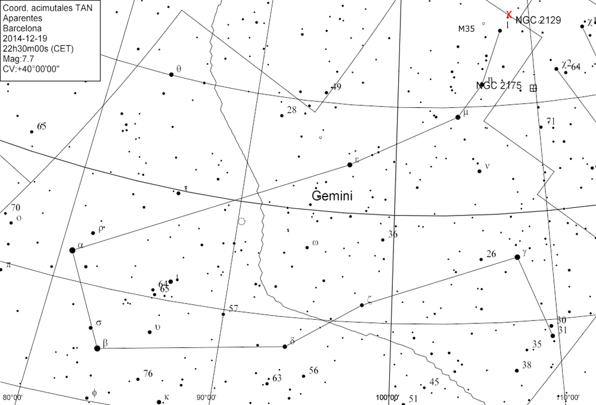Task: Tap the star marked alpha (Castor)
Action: tap(73, 250)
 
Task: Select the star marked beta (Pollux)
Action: tap(97, 348)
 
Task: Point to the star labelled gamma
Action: tap(517, 257)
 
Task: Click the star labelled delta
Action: tap(285, 346)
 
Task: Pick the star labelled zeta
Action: tap(362, 306)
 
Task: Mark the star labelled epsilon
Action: tap(350, 164)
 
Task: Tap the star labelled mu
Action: tap(458, 117)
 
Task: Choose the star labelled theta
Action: tap(172, 74)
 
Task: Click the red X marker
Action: tap(508, 14)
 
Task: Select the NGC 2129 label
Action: tap(538, 20)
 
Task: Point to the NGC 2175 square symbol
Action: tap(533, 88)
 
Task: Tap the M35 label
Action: tap(467, 29)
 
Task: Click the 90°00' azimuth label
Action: tap(206, 398)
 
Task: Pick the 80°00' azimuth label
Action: tap(13, 398)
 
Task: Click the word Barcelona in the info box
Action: tap(23, 28)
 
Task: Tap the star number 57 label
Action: tap(233, 309)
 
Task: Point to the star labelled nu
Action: tap(479, 172)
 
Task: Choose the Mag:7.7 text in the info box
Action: tap(18, 59)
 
